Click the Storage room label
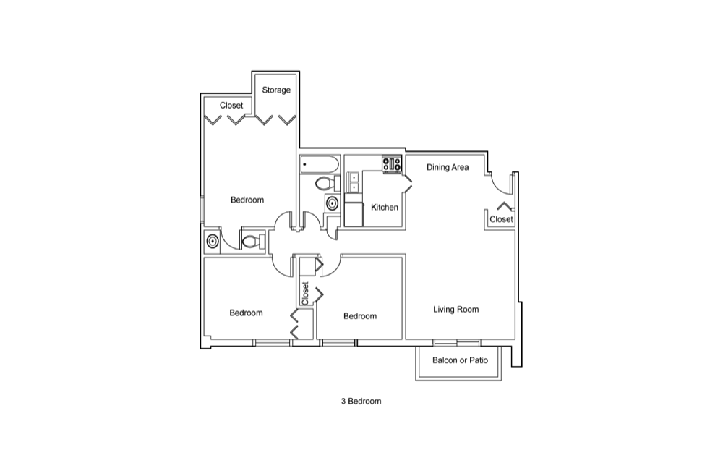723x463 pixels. tap(276, 90)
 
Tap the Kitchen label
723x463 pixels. tap(384, 208)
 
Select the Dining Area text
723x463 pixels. tap(448, 167)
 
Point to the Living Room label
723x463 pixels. tap(455, 310)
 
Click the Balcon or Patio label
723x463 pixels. tap(460, 360)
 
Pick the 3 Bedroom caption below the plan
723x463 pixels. tap(361, 402)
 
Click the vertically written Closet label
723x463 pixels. tap(305, 293)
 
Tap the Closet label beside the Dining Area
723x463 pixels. tap(501, 219)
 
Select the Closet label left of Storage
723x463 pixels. tap(231, 106)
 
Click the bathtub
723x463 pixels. tap(319, 165)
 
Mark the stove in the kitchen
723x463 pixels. tap(392, 165)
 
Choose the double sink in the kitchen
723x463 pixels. tap(354, 182)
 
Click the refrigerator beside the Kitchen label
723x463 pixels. tap(354, 214)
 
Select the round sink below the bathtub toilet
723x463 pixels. tap(332, 203)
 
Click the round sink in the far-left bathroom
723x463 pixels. tap(213, 241)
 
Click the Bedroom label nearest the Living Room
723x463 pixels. tap(360, 316)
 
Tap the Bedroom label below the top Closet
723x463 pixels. tap(247, 200)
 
